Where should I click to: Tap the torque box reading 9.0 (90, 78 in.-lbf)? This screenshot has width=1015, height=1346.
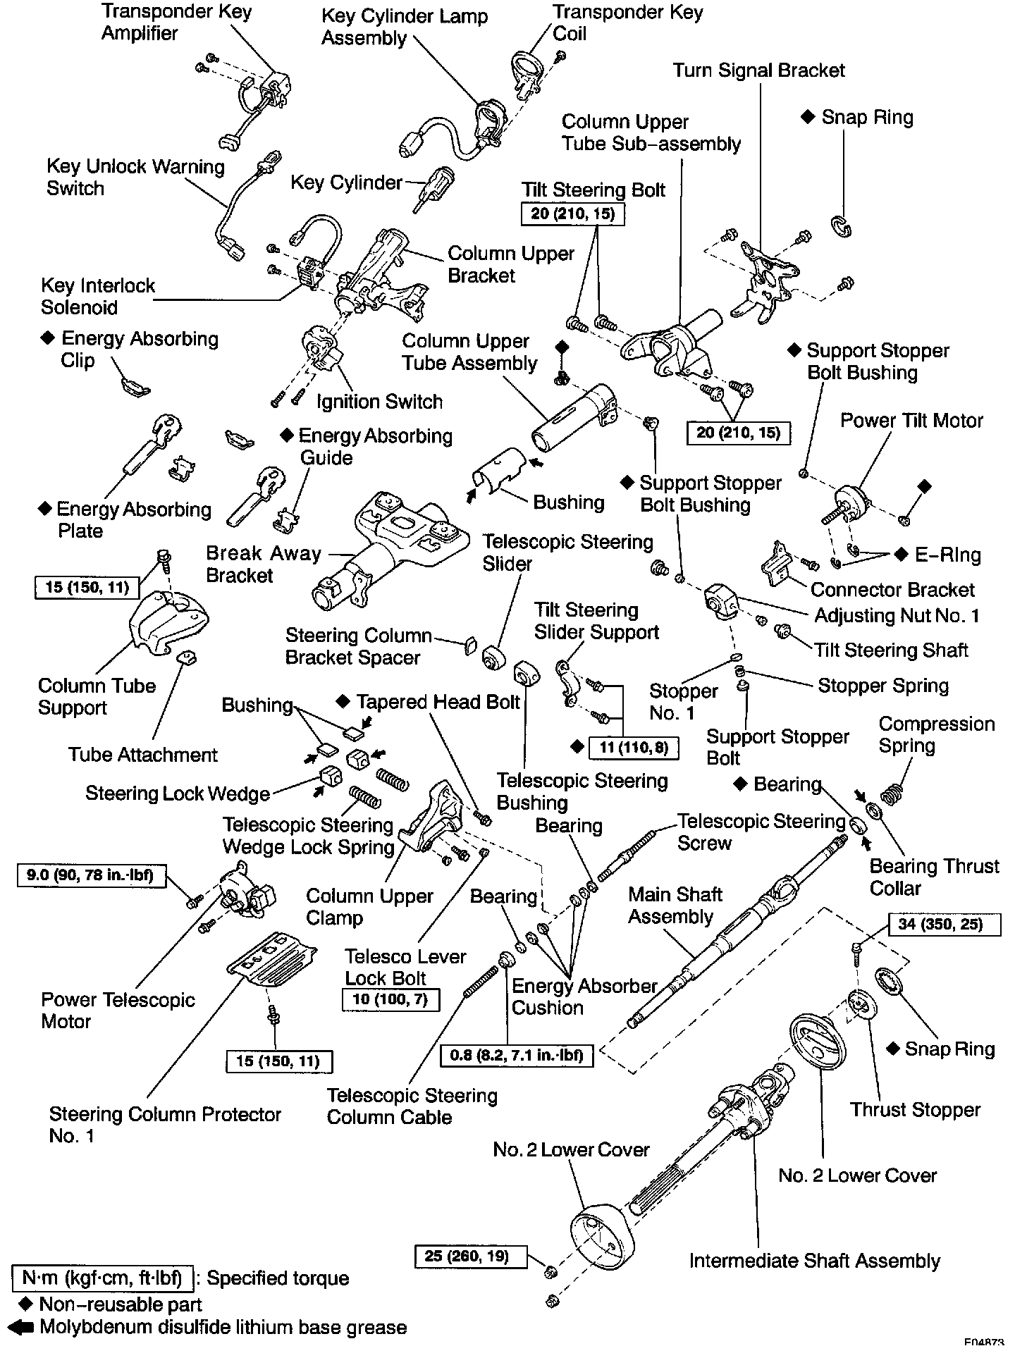pos(87,876)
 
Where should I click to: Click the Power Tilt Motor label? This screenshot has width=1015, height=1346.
pos(911,421)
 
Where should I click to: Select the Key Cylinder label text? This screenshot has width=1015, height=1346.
pos(346,183)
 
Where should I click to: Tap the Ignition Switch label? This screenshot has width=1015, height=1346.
pos(379,402)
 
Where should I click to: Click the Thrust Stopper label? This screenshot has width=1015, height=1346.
pos(915,1110)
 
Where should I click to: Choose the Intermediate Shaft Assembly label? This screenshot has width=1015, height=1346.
pos(814,1261)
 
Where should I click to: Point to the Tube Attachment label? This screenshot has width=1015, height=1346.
pos(142,755)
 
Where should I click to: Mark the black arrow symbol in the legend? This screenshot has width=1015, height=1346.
pos(23,1327)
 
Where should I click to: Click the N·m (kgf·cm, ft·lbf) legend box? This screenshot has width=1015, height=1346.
pos(102,1278)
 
